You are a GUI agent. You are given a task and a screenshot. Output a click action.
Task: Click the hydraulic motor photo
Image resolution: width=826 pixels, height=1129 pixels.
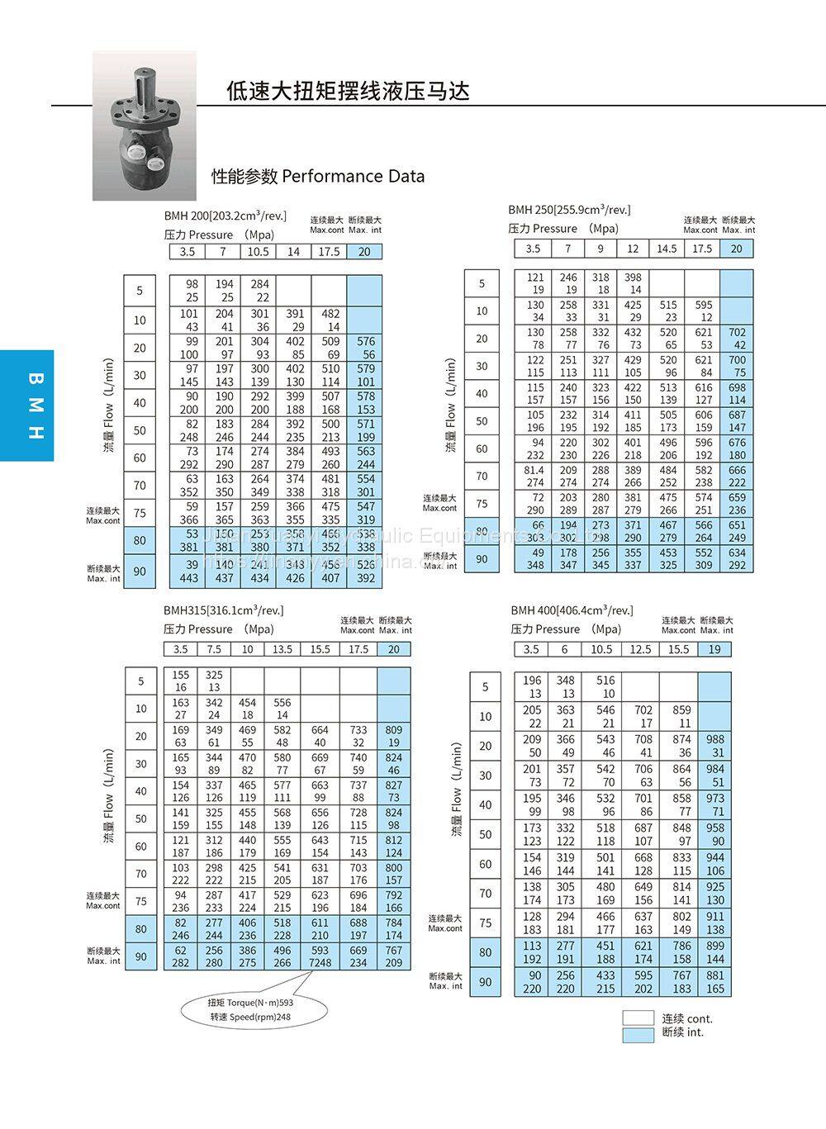(145, 126)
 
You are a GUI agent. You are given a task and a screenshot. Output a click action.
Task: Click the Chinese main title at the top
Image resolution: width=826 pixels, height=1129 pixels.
(348, 90)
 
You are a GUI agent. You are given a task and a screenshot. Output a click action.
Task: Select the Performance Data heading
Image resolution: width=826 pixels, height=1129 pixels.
(318, 176)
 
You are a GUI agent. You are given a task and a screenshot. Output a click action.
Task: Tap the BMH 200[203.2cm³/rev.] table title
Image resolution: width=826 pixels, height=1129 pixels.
(225, 216)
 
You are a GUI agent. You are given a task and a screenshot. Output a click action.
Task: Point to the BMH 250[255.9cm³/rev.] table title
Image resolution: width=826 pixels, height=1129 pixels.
(568, 210)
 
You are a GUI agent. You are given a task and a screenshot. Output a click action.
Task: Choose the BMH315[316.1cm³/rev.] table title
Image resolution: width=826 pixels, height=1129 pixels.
(223, 610)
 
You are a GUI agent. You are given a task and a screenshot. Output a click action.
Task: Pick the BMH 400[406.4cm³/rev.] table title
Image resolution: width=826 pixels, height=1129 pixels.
(572, 610)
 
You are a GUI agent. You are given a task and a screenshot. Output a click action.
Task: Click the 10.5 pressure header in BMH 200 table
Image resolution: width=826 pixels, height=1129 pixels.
(259, 252)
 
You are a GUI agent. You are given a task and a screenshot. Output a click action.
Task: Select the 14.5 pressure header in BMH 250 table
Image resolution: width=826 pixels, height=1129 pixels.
(667, 249)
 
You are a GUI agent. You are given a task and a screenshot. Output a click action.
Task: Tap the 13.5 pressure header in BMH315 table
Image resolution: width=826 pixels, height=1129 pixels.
(282, 649)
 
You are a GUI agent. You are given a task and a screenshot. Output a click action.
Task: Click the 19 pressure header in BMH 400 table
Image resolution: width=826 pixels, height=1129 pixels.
(714, 649)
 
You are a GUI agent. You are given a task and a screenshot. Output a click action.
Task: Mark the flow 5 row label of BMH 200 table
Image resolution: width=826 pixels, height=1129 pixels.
(140, 291)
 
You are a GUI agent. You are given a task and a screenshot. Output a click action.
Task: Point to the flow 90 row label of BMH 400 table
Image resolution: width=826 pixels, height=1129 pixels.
(486, 982)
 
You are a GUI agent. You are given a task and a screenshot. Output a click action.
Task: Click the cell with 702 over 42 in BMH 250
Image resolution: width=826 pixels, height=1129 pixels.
(737, 339)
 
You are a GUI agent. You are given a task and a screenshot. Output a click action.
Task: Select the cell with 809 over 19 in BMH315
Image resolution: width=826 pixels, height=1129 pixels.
(393, 737)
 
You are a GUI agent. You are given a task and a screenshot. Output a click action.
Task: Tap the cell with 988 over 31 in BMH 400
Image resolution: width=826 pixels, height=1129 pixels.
(714, 746)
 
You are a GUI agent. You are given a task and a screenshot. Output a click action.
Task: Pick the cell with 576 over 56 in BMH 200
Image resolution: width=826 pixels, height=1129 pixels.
(365, 348)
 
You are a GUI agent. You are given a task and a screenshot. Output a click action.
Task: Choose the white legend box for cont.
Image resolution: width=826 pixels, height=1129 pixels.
(638, 1018)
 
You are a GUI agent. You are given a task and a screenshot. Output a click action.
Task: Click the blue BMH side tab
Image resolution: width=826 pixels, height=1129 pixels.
(27, 406)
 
